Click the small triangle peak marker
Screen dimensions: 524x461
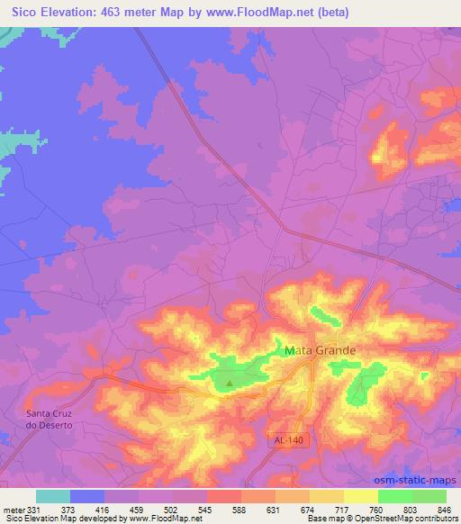(229, 383)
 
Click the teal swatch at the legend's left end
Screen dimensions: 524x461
(53, 497)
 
